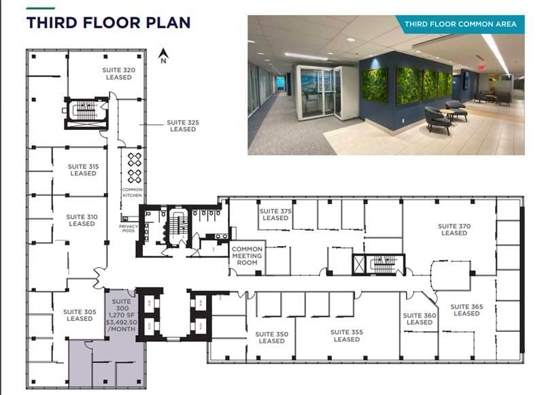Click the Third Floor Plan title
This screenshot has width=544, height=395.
(108, 22)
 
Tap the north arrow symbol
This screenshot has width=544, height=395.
(163, 55)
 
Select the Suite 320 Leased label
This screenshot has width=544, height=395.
(118, 73)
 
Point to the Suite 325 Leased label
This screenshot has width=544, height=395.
(183, 126)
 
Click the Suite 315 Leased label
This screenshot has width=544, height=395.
(83, 170)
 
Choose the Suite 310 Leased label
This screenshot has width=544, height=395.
(82, 220)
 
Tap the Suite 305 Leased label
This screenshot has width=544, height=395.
(80, 315)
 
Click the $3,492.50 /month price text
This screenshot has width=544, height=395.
(122, 326)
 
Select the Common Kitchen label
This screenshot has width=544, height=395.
(132, 192)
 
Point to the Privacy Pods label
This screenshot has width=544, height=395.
(129, 228)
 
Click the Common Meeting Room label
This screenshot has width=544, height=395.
(247, 256)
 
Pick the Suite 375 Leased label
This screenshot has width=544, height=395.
(275, 215)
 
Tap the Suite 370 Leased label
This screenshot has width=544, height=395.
(454, 230)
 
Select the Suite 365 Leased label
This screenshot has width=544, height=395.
(466, 310)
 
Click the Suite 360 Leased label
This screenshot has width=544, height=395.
(419, 319)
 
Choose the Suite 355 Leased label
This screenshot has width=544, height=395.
(347, 335)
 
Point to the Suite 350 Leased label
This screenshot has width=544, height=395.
(272, 337)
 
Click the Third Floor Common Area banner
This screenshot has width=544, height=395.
(460, 24)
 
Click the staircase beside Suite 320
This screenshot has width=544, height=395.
(86, 111)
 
